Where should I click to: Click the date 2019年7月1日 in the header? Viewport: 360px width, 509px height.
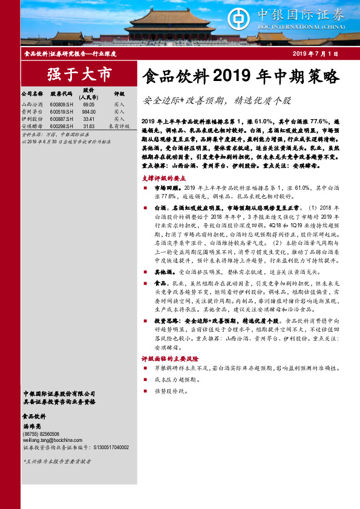(x=315, y=54)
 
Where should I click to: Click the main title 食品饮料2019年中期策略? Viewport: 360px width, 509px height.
(x=240, y=77)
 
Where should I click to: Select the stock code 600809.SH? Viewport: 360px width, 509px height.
(x=62, y=105)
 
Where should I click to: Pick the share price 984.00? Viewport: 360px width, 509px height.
(x=89, y=112)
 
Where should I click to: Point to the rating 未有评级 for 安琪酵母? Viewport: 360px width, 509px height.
(x=119, y=126)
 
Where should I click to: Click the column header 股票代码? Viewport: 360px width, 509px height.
(x=62, y=94)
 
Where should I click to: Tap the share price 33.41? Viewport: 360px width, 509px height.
(x=89, y=119)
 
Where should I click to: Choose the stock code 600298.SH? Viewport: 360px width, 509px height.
(x=62, y=126)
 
